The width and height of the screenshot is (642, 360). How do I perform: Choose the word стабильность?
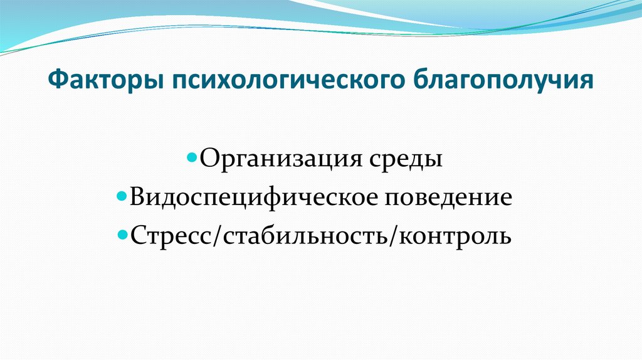coord(300,237)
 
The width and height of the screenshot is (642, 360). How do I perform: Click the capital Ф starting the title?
coord(57,81)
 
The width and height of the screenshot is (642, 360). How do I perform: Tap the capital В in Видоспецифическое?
coord(138,198)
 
